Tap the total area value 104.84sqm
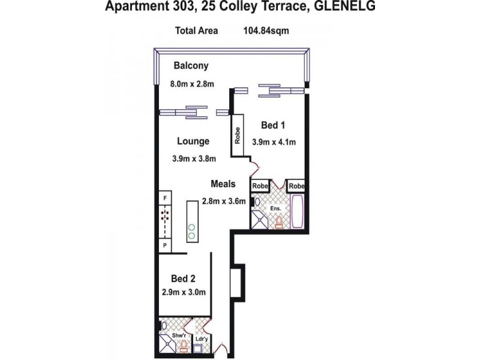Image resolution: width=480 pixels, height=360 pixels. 266,31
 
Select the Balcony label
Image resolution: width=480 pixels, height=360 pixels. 191,66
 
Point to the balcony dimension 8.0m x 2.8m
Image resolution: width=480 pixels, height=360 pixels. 193,85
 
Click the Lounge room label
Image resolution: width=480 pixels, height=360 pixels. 193,142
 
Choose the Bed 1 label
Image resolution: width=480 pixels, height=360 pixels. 273,125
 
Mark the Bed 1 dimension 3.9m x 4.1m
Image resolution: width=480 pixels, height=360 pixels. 274,142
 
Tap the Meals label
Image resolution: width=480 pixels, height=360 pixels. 223,184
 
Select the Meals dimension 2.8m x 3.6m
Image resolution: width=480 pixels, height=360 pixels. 223,201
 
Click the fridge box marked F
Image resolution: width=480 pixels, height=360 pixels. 164,197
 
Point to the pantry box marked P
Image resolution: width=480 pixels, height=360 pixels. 164,245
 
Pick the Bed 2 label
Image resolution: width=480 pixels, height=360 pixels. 183,278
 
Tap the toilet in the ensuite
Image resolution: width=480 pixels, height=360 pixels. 278,223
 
